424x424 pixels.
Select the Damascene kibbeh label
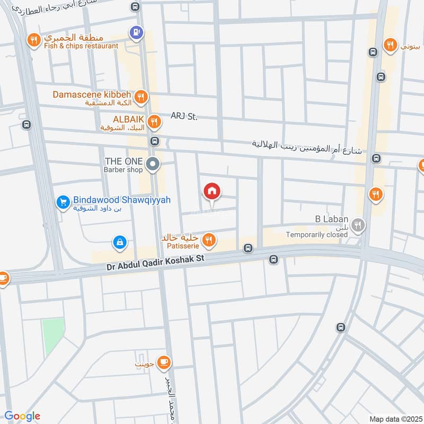click(92, 94)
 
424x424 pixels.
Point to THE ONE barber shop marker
click(153, 164)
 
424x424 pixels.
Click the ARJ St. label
click(183, 116)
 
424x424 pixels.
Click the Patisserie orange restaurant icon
click(209, 240)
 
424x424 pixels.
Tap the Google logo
click(22, 416)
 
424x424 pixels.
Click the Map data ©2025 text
click(395, 419)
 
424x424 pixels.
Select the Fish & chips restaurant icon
click(33, 40)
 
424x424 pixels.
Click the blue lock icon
click(120, 243)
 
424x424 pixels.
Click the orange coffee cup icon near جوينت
click(164, 361)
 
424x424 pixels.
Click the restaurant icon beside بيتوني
click(390, 45)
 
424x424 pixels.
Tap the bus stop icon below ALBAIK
click(154, 141)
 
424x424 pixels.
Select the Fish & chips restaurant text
click(81, 46)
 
